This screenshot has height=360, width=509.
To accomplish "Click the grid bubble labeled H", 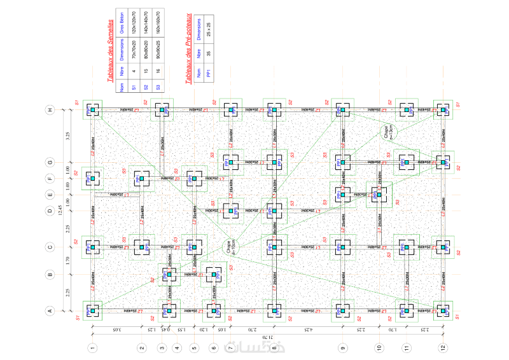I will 50,111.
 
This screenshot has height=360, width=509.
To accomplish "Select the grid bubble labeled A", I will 50,311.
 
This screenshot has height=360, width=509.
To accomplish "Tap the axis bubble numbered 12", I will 443,348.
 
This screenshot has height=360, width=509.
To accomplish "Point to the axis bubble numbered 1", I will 92,348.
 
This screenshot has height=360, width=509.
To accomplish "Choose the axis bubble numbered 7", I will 230,348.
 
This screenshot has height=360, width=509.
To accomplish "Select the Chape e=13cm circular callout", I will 386,133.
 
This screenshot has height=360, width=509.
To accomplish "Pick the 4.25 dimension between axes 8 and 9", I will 308,329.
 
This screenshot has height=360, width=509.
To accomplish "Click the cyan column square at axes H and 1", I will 92,111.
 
